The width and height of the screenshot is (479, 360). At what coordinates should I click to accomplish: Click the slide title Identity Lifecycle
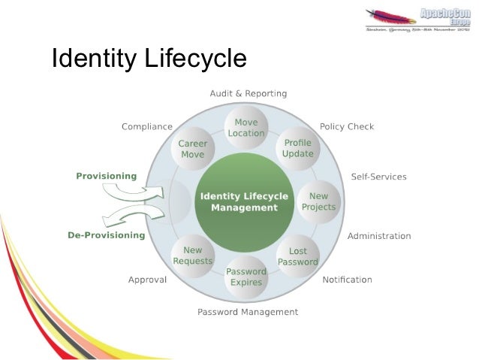[x=149, y=59]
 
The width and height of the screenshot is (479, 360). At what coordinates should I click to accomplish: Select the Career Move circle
[x=193, y=149]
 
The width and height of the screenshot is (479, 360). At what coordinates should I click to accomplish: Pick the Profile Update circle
[x=298, y=148]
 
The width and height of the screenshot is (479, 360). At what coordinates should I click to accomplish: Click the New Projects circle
[x=319, y=201]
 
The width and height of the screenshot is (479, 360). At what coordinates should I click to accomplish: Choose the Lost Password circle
[x=298, y=256]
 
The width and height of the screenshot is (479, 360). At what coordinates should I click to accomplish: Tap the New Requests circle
[x=193, y=256]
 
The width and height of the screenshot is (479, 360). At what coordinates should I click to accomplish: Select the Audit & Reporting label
[x=248, y=94]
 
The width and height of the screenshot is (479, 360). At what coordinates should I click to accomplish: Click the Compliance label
[x=147, y=126]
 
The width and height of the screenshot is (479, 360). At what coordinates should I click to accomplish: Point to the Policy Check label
[x=347, y=126]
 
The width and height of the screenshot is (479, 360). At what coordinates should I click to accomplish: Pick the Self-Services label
[x=378, y=177]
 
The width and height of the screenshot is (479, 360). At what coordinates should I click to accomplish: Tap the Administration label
[x=379, y=236]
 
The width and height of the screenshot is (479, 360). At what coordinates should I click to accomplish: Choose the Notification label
[x=347, y=280]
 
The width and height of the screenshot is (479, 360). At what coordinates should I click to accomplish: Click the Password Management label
[x=248, y=312]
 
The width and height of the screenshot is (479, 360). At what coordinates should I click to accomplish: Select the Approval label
[x=147, y=280]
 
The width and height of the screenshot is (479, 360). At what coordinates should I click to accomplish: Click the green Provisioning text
[x=107, y=177]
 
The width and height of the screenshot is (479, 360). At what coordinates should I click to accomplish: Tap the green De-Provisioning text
[x=106, y=235]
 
